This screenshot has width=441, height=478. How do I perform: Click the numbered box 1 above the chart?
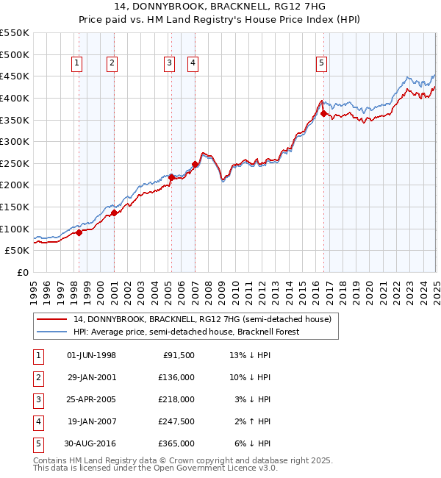pyautogui.click(x=77, y=64)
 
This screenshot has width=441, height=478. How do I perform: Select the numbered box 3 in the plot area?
pyautogui.click(x=169, y=64)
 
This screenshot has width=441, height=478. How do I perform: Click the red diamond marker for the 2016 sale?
pyautogui.click(x=324, y=113)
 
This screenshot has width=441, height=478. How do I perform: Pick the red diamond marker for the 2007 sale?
pyautogui.click(x=195, y=164)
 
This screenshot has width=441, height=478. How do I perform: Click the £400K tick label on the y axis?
pyautogui.click(x=15, y=98)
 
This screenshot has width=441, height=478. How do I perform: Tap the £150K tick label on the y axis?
pyautogui.click(x=15, y=207)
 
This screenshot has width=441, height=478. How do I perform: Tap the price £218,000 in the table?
pyautogui.click(x=176, y=399)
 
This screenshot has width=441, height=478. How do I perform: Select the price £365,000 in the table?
pyautogui.click(x=176, y=443)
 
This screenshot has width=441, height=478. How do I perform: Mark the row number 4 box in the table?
pyautogui.click(x=37, y=421)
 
